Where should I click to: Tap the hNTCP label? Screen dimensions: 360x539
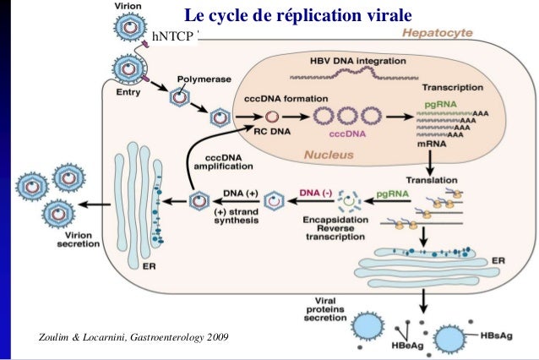point(171,36)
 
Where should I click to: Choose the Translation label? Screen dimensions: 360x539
point(431,180)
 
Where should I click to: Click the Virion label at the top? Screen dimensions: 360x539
point(128,6)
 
